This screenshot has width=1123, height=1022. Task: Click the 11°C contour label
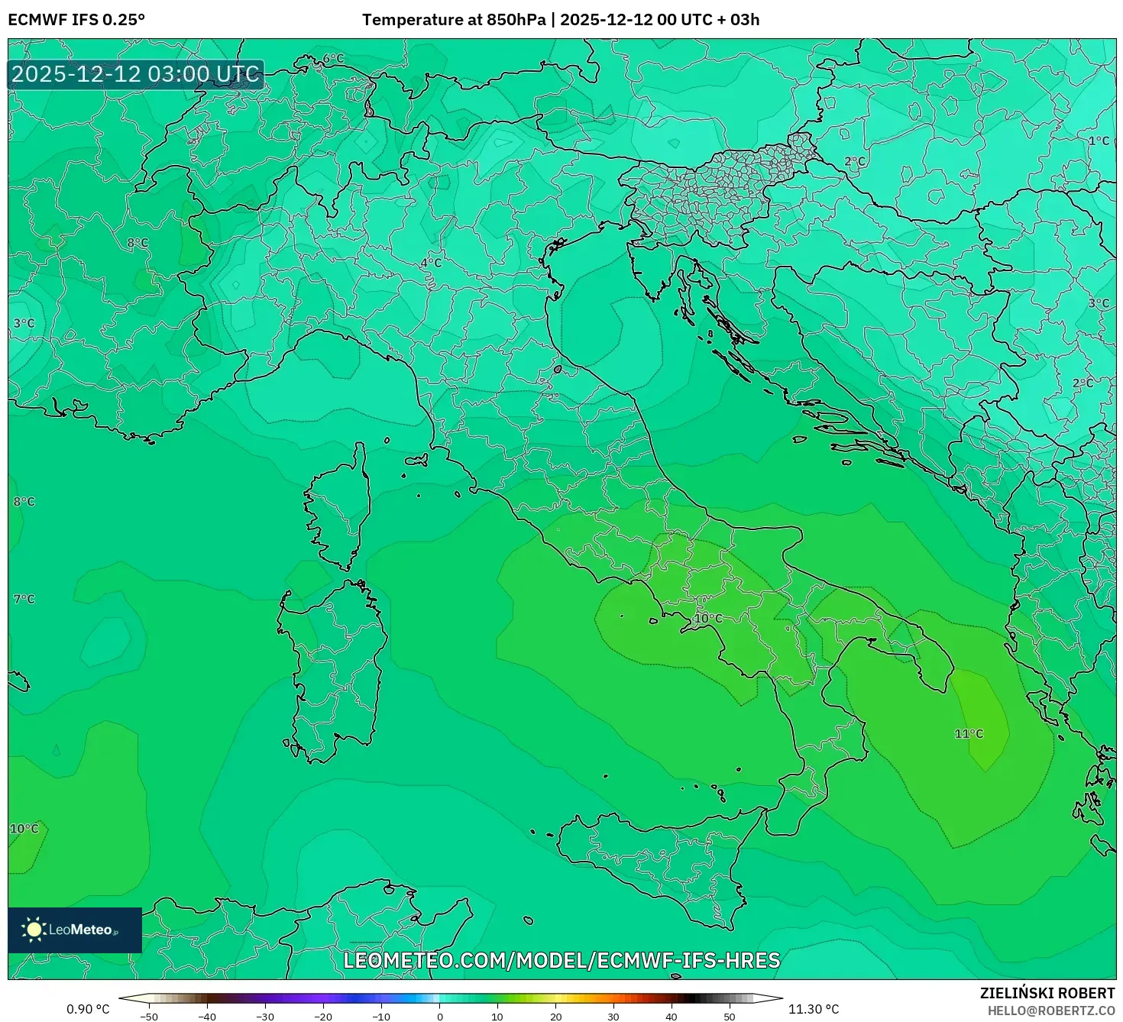click(x=969, y=734)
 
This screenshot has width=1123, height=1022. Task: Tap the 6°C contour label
click(x=333, y=59)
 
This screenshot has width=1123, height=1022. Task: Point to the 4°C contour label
click(x=431, y=263)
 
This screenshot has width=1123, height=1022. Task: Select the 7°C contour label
click(x=24, y=599)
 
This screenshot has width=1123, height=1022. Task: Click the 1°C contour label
click(x=1099, y=141)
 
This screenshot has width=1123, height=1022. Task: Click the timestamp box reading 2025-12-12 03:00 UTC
click(x=136, y=75)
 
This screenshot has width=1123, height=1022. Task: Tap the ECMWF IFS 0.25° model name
click(x=76, y=20)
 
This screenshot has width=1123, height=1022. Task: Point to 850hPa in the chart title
click(x=516, y=20)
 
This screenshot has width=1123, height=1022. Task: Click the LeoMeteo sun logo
click(x=34, y=930)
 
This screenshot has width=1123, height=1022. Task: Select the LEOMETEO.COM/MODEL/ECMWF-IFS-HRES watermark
click(x=561, y=960)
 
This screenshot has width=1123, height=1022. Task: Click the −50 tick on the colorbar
click(x=149, y=1017)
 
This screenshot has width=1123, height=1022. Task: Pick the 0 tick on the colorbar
click(x=439, y=1017)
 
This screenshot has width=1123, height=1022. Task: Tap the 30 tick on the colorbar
click(x=613, y=1017)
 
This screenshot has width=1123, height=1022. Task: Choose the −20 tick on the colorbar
click(x=323, y=1017)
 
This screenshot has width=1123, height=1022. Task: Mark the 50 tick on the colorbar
click(x=730, y=1017)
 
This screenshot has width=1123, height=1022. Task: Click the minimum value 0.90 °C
click(x=88, y=1009)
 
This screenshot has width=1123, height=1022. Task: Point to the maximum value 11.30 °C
click(x=814, y=1009)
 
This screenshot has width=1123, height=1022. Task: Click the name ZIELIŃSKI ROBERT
click(x=1047, y=993)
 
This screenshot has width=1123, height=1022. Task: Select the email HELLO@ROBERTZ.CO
click(x=1050, y=1011)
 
